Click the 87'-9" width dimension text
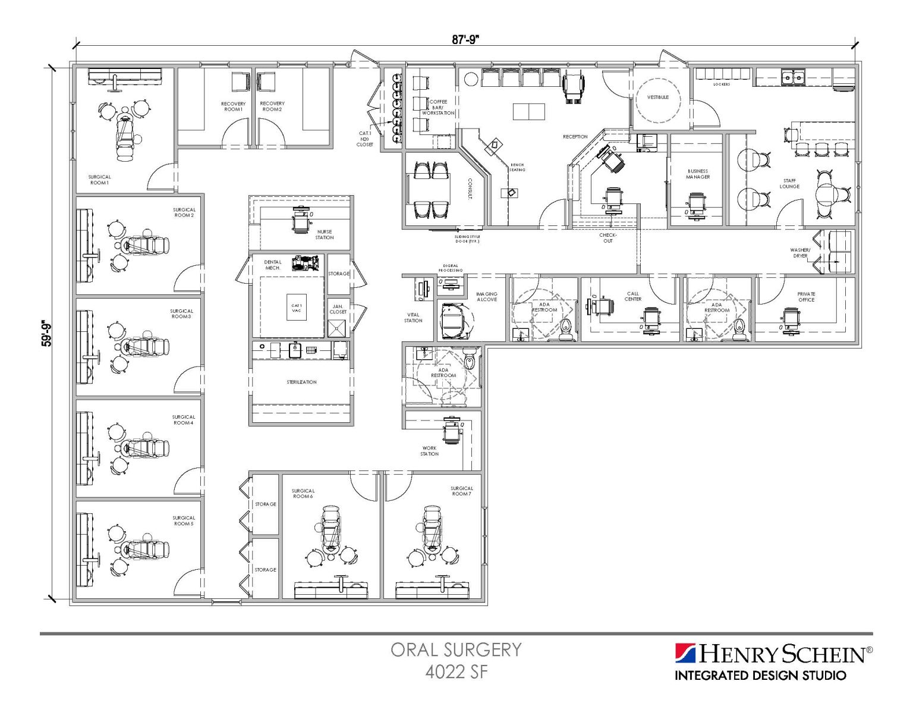[465, 40]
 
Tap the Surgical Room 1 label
[99, 180]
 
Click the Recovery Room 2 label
[272, 106]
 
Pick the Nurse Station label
[324, 234]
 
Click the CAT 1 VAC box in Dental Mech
[296, 307]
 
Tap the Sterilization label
[301, 382]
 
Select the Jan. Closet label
[338, 309]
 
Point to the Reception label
[575, 137]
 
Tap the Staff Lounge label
[789, 183]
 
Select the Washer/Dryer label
[800, 253]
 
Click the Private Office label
[806, 296]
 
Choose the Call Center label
[632, 296]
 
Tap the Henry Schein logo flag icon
[685, 653]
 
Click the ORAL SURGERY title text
[456, 649]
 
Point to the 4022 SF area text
[456, 672]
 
